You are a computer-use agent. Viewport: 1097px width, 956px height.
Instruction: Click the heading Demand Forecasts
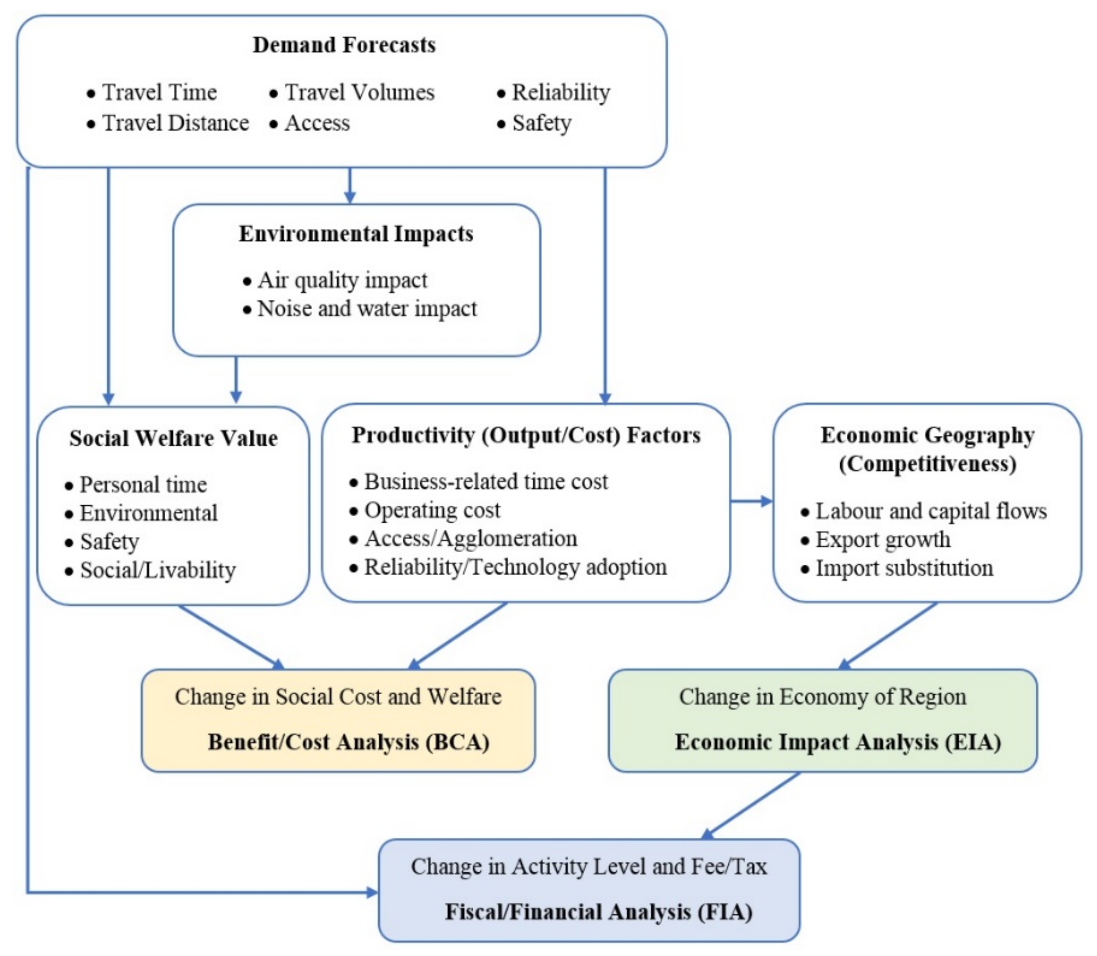coord(344,45)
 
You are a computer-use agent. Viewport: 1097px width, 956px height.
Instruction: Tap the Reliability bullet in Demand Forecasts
coord(560,92)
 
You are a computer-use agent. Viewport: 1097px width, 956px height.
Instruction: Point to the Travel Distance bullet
coord(175,123)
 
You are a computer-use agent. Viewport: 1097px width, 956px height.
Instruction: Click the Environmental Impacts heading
coord(356,234)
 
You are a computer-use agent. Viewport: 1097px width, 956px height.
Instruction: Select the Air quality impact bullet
coord(342,280)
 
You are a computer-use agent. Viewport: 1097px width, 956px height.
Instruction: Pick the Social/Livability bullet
coord(157,570)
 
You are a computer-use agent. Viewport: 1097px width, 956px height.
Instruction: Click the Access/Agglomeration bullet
coord(470,538)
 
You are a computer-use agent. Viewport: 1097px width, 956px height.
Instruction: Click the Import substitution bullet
coord(904,568)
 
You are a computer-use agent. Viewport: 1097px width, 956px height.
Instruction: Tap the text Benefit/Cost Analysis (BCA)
coord(348,742)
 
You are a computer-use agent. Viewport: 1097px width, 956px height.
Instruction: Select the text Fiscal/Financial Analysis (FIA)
coord(598,912)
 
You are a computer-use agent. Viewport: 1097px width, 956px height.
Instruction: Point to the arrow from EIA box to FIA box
coord(752,805)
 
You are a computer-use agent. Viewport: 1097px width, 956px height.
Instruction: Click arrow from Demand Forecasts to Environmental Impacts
coord(350,186)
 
